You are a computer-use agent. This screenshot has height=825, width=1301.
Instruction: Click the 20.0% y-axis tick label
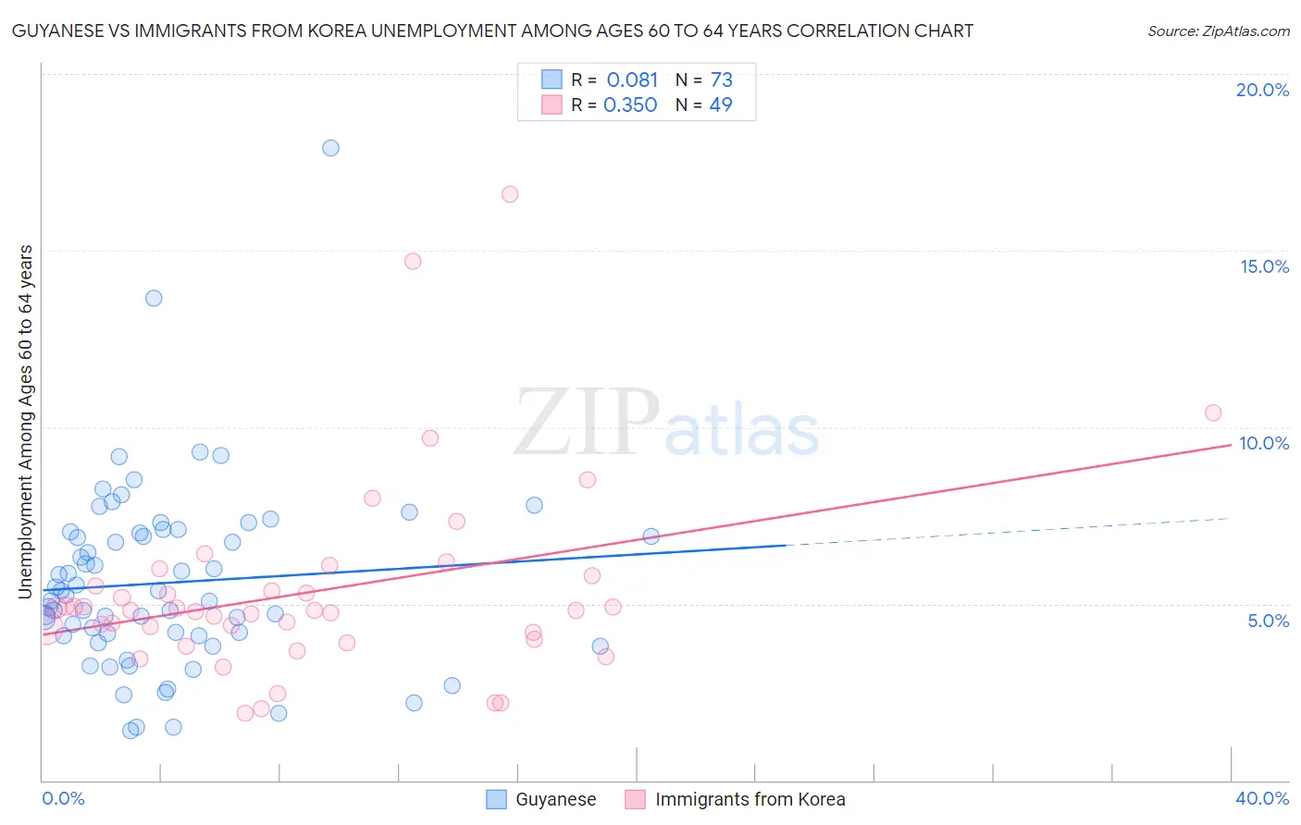pyautogui.click(x=1262, y=90)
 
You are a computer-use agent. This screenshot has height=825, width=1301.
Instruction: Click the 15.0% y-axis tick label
pyautogui.click(x=1264, y=266)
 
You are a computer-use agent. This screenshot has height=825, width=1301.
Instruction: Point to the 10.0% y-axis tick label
pyautogui.click(x=1264, y=443)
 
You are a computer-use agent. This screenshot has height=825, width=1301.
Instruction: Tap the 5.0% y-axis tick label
pyautogui.click(x=1268, y=621)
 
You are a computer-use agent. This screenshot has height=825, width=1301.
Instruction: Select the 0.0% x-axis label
pyautogui.click(x=63, y=798)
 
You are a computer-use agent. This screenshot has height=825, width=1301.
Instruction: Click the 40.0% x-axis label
pyautogui.click(x=1261, y=798)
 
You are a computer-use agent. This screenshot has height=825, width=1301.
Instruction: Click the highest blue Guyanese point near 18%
pyautogui.click(x=330, y=148)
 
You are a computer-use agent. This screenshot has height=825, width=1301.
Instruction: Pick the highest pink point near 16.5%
pyautogui.click(x=510, y=194)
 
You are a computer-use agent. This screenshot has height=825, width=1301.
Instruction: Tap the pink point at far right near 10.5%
pyautogui.click(x=1213, y=412)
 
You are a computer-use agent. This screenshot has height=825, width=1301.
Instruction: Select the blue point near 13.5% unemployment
pyautogui.click(x=154, y=298)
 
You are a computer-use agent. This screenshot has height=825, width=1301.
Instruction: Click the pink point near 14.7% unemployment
pyautogui.click(x=413, y=261)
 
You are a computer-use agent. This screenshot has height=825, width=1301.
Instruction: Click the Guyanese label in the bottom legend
pyautogui.click(x=555, y=799)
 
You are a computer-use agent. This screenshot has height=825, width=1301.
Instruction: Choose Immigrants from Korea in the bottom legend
pyautogui.click(x=750, y=799)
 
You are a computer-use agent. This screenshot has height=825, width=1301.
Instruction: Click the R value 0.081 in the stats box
pyautogui.click(x=632, y=80)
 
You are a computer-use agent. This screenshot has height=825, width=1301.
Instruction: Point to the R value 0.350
pyautogui.click(x=630, y=105)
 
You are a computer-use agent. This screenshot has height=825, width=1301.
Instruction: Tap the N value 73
pyautogui.click(x=722, y=80)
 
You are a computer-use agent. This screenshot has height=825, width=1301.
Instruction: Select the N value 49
pyautogui.click(x=721, y=105)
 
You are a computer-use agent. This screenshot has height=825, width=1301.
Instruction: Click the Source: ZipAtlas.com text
pyautogui.click(x=1218, y=31)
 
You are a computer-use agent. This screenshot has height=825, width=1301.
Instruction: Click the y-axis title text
pyautogui.click(x=25, y=421)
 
